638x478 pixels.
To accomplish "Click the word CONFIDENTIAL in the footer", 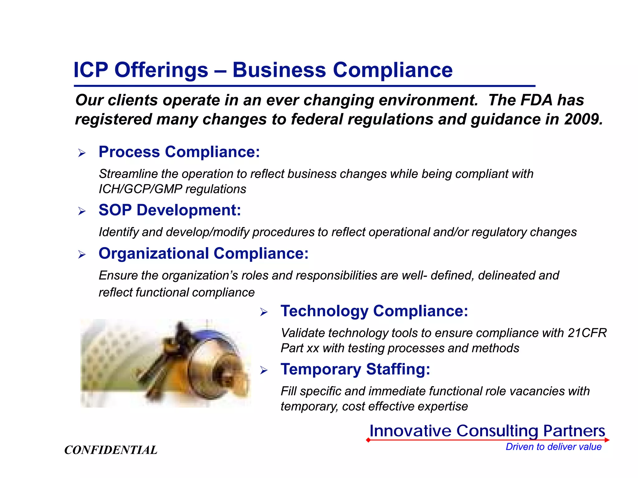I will (x=111, y=450).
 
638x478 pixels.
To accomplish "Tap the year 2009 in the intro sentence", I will (x=583, y=119).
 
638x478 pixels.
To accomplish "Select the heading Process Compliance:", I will (x=179, y=152).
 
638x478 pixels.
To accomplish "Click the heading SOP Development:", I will (x=170, y=210).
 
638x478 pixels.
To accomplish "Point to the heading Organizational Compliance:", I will (x=203, y=254).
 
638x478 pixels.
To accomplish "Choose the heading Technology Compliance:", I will (x=374, y=311).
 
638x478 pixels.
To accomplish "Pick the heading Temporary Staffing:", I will (x=355, y=369).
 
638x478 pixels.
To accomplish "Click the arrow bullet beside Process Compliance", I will (x=82, y=153).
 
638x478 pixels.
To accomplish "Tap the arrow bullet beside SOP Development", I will (x=82, y=211).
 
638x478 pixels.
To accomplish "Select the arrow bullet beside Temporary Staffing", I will (x=264, y=370).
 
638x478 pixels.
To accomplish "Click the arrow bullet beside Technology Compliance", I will (x=264, y=312).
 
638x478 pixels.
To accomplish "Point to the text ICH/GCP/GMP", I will (x=140, y=189).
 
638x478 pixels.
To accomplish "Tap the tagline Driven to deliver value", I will (x=554, y=447).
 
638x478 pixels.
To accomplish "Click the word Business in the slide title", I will (x=279, y=70).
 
